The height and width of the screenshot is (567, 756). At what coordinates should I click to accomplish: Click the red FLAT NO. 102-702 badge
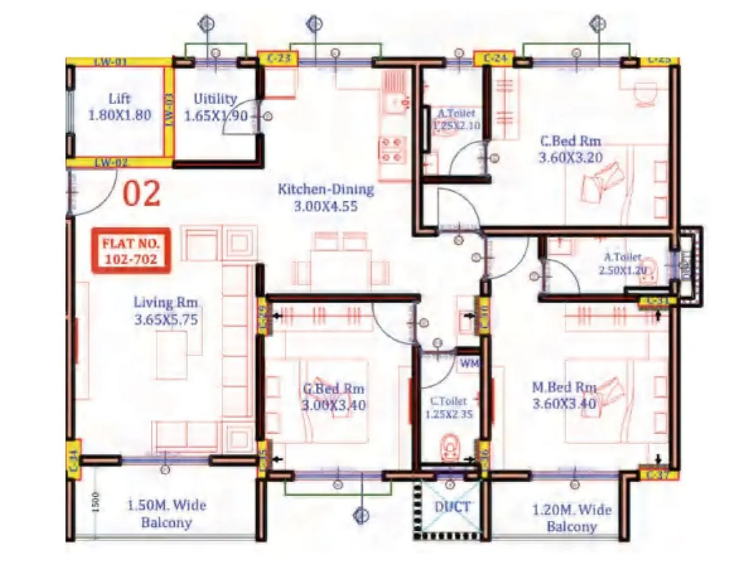(x=131, y=250)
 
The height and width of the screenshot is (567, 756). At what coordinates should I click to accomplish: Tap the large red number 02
(x=141, y=194)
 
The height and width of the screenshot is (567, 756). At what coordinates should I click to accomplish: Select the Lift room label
(x=120, y=107)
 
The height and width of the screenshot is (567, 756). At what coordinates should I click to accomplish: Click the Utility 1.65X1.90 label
(x=215, y=108)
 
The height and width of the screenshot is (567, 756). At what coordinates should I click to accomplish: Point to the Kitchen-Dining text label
(x=326, y=197)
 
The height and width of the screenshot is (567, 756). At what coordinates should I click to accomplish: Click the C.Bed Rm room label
(x=570, y=149)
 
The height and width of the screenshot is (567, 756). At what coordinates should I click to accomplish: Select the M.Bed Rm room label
(x=564, y=395)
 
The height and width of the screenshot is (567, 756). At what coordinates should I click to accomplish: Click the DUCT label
(x=452, y=505)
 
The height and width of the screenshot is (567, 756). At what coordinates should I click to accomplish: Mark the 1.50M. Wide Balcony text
(x=166, y=513)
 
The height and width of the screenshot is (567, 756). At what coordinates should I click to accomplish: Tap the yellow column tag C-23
(x=278, y=59)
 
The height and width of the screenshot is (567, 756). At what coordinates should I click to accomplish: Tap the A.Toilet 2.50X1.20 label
(x=622, y=263)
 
